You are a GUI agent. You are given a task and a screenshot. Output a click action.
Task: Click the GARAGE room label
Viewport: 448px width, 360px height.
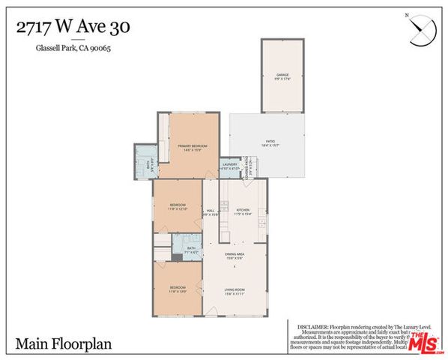(282, 75)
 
